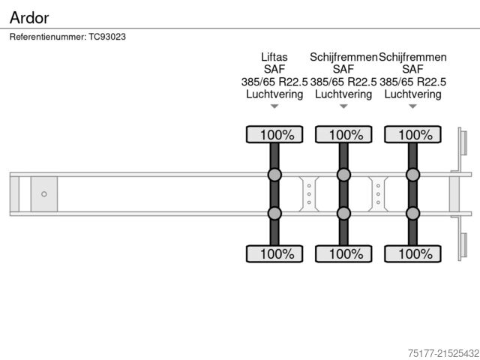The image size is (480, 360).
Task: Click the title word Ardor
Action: [x=29, y=16]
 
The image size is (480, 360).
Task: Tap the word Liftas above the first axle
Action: [x=274, y=57]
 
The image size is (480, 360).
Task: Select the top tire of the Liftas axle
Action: [x=274, y=135]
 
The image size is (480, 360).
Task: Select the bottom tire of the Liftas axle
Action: [x=274, y=253]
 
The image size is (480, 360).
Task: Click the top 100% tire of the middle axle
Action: [x=343, y=135]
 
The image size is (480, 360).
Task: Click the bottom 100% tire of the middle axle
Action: [x=343, y=253]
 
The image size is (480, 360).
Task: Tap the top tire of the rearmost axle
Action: [x=412, y=135]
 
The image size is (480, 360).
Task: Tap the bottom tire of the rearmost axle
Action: [x=412, y=253]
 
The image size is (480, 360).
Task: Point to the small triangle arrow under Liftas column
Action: [x=274, y=106]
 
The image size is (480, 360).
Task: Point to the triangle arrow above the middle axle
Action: [x=343, y=106]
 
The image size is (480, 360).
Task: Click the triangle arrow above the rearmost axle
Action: [x=412, y=106]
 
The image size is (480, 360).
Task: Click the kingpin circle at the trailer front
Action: [x=43, y=194]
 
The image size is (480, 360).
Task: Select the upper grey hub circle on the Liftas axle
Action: [x=274, y=175]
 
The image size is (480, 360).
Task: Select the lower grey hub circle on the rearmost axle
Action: [x=412, y=214]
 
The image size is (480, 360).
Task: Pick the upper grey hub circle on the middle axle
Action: [x=343, y=175]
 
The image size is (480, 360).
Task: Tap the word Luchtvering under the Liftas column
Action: [x=274, y=94]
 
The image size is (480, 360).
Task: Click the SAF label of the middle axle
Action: [x=343, y=69]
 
